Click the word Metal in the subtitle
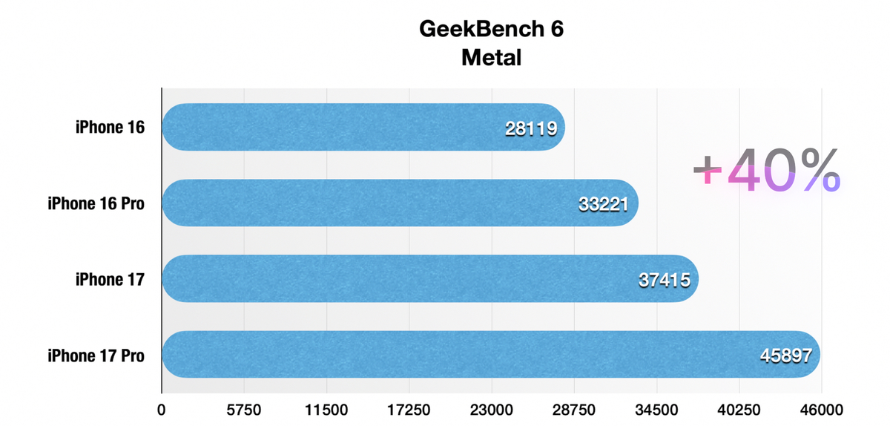pos(491,57)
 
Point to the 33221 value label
pos(604,204)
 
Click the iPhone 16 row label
pos(109,128)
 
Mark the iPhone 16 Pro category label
pos(96,203)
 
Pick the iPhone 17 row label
pos(109,279)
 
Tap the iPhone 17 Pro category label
pos(96,355)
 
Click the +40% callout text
pos(766,171)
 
